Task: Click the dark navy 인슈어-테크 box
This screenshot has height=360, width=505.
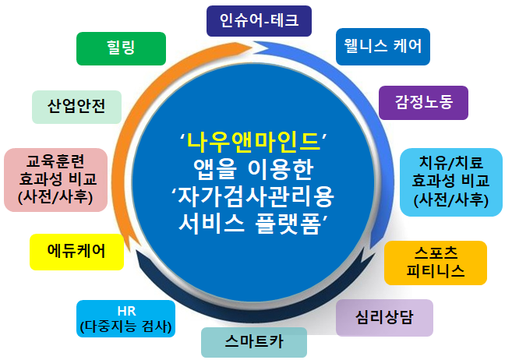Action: (259, 21)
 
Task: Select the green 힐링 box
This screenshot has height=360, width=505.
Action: (121, 48)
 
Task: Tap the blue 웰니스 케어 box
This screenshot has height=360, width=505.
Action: (383, 47)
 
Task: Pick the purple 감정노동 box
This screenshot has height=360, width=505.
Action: (423, 103)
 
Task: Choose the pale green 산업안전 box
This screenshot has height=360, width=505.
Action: (76, 107)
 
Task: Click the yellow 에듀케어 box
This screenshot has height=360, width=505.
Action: (76, 252)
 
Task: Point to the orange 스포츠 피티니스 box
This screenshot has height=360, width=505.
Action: (436, 263)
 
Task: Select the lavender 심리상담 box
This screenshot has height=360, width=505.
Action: (384, 318)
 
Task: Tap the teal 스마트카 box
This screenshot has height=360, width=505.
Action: (254, 342)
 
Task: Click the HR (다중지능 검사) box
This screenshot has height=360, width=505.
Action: (126, 319)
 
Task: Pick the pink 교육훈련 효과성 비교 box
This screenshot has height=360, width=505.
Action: (55, 180)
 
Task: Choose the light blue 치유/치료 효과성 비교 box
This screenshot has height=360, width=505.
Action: (451, 182)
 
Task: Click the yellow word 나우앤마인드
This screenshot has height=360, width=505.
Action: (254, 142)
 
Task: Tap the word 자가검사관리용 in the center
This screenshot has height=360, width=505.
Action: (256, 196)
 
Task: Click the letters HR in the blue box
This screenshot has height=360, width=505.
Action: (126, 312)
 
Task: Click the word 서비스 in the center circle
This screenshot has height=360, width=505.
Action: (211, 224)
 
